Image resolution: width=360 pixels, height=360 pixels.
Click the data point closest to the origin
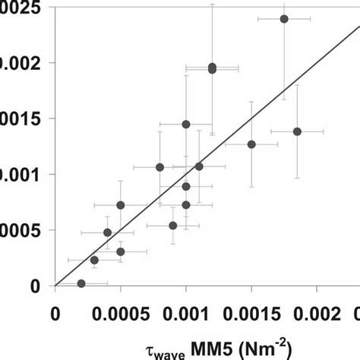click(81, 283)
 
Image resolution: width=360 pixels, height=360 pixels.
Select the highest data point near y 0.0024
click(284, 19)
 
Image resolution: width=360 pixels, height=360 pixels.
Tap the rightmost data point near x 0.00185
click(297, 131)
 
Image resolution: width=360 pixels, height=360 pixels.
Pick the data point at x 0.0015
click(251, 144)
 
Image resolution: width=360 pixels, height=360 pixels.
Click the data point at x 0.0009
click(173, 226)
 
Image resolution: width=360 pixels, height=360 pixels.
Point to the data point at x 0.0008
click(159, 167)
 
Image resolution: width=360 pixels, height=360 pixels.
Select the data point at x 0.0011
click(199, 166)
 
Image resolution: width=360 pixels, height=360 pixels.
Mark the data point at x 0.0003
click(94, 260)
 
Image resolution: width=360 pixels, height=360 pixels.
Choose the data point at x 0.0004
click(107, 232)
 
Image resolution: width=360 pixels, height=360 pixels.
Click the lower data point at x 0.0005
click(121, 251)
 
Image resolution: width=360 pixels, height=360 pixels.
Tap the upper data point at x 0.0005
click(121, 205)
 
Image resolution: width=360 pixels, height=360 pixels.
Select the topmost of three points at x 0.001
click(186, 124)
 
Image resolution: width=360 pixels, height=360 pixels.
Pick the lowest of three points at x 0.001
click(186, 205)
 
